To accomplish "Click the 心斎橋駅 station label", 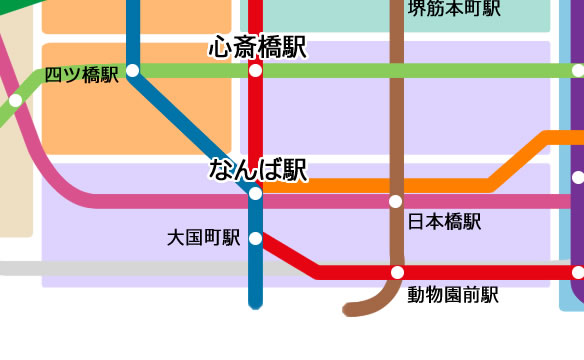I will click(x=257, y=47).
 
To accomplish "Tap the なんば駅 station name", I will click(x=257, y=169).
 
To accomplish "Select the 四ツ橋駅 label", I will click(x=82, y=74).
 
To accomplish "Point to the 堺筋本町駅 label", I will click(x=454, y=9).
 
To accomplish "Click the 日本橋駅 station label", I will click(x=445, y=222).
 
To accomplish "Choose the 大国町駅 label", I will click(x=204, y=238).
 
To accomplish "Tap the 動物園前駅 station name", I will click(x=452, y=295).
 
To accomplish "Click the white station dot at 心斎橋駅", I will click(x=256, y=71).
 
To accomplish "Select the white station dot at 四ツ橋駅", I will click(x=132, y=70).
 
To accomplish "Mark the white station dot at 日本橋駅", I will click(x=396, y=201).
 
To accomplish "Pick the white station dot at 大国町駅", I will click(x=255, y=238).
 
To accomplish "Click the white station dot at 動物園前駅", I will click(x=397, y=272).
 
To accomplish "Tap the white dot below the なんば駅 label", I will click(x=255, y=193).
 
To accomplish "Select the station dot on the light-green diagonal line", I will click(x=15, y=100).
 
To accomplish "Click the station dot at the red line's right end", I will click(x=578, y=272).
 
